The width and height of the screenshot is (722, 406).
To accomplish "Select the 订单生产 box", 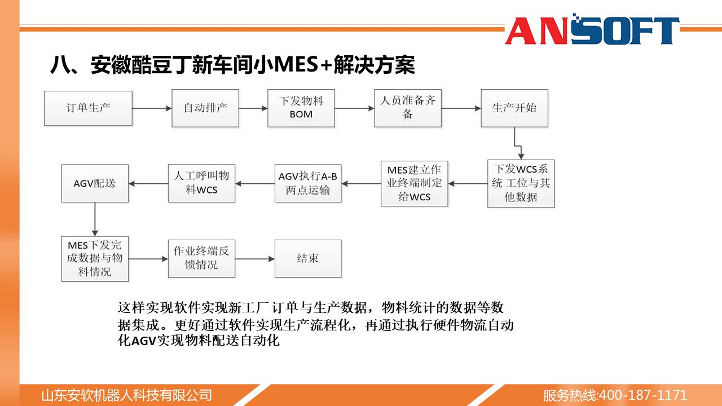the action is tap(89, 108).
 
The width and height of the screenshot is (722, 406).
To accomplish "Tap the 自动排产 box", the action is tap(205, 108).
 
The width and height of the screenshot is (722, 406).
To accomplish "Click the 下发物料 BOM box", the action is tap(301, 108).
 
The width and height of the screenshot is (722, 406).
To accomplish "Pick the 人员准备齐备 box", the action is tap(408, 108).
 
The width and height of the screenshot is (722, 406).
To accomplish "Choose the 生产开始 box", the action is tap(514, 108).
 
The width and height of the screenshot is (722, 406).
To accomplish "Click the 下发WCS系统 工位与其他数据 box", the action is tap(521, 184).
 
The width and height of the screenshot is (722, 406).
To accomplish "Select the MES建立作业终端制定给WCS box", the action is tap(415, 184).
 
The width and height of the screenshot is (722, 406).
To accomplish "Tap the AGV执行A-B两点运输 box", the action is tap(308, 184).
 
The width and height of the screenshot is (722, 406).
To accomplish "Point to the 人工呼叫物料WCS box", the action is tap(201, 184).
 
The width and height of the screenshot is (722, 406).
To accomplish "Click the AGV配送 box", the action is tap(95, 184).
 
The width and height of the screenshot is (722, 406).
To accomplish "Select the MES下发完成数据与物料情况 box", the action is tap(95, 259).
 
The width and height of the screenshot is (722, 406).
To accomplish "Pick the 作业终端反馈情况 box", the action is tap(201, 259).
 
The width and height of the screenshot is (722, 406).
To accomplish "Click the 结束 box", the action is tap(308, 259).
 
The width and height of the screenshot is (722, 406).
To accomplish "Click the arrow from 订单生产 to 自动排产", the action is tap(152, 108).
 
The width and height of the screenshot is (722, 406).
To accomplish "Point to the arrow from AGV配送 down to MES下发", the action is tap(95, 219).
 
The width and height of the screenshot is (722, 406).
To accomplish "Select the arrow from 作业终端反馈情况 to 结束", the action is tap(255, 259).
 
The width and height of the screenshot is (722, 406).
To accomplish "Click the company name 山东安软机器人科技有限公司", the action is tap(127, 395).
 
